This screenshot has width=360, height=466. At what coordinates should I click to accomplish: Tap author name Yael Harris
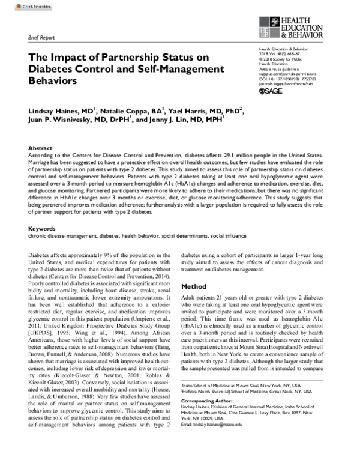pos(193,110)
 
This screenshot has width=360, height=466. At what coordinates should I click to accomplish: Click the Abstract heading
pos(40,147)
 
